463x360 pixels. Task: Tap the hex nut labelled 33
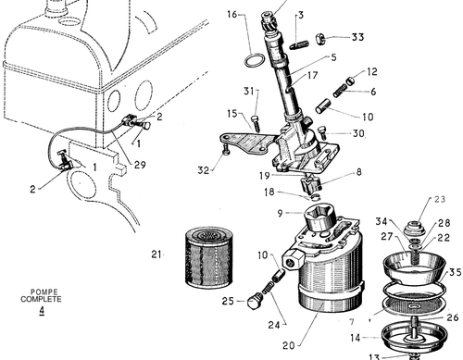[319, 39]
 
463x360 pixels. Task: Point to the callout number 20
[289, 346]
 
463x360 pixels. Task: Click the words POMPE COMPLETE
[41, 295]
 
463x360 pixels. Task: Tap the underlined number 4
[42, 310]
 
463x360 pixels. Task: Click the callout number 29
[140, 165]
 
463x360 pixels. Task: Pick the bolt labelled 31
[256, 123]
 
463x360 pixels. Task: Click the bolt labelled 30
[322, 133]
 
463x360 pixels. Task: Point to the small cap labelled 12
[350, 81]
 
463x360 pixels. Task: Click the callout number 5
[333, 57]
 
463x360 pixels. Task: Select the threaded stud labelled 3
[299, 45]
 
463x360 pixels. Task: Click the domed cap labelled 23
[415, 229]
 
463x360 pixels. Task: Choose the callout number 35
[456, 272]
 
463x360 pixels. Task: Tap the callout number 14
[356, 338]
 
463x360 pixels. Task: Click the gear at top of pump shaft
[268, 21]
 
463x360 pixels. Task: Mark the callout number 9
[280, 213]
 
